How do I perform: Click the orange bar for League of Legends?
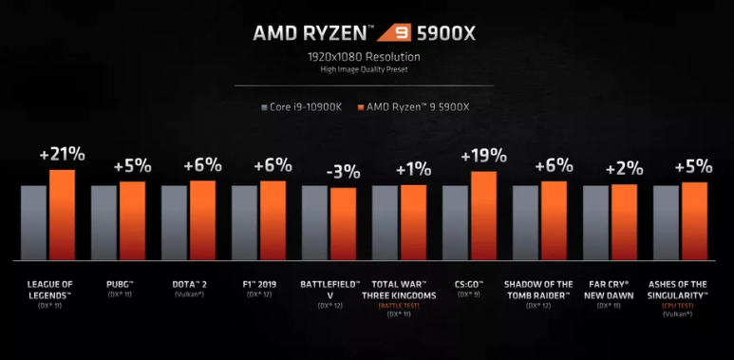point(62,215)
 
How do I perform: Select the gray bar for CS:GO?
point(455,222)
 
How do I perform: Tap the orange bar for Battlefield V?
point(343,223)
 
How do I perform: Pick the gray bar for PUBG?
point(104,222)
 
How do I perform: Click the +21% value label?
point(62,155)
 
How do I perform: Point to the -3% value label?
point(343,172)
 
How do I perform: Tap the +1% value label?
point(413,169)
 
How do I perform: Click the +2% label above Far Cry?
point(624,168)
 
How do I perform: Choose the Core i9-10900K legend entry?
point(302,107)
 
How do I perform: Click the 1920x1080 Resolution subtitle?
point(367,58)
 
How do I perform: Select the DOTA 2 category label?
point(189,284)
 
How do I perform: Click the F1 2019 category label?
point(258,284)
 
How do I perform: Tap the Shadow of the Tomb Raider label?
point(539,289)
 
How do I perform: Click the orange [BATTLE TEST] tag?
point(399,304)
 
